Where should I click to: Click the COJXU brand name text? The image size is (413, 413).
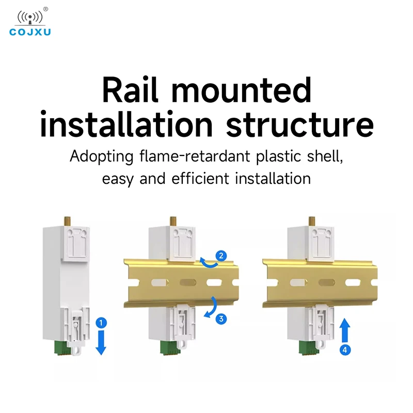[30, 32]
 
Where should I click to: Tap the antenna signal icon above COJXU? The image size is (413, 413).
[30, 18]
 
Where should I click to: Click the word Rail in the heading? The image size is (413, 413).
[131, 89]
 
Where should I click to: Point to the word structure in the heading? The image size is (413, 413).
[300, 124]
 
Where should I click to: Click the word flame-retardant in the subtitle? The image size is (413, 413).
[195, 156]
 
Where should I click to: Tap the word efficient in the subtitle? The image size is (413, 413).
[200, 178]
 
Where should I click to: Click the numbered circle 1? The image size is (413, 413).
[101, 323]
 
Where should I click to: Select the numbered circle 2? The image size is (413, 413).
[221, 256]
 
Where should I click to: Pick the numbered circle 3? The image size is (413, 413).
[221, 319]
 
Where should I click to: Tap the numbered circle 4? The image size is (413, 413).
[345, 350]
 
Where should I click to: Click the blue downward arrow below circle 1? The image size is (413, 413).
[101, 342]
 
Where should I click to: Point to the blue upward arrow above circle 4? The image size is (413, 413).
[345, 330]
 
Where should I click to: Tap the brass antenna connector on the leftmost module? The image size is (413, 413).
[68, 221]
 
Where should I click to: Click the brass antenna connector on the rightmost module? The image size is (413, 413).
[312, 221]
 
